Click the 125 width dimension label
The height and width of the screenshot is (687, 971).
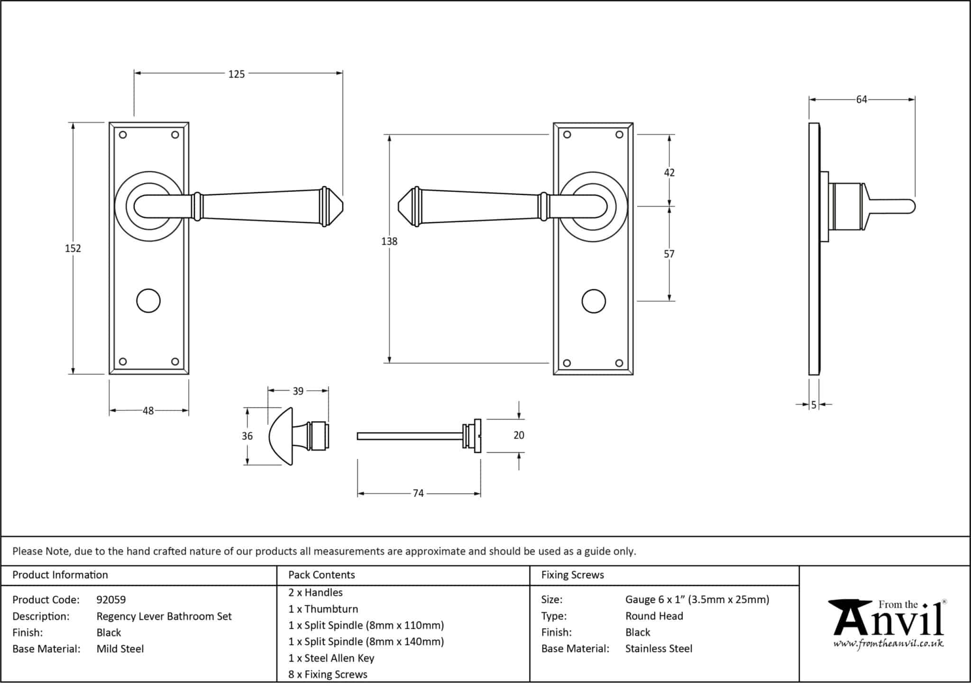tap(236, 74)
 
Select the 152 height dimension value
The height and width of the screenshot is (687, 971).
tap(73, 248)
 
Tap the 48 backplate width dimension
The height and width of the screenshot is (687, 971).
tap(148, 411)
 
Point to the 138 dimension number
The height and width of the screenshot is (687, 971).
tap(389, 241)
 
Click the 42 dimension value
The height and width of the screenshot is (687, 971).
tap(669, 173)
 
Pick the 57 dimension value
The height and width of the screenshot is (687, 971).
tap(669, 254)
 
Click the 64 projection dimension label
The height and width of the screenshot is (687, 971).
tap(861, 100)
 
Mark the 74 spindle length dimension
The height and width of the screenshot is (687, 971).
tap(418, 494)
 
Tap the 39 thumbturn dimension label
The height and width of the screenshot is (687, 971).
tap(298, 391)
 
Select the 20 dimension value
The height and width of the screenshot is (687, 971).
tap(519, 435)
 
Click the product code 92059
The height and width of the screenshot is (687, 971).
tap(111, 600)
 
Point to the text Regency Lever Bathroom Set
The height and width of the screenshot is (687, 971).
tap(164, 616)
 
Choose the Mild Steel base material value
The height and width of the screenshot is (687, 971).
tap(120, 649)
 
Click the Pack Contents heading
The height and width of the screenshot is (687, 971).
tap(321, 575)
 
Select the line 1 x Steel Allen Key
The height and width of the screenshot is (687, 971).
tap(331, 658)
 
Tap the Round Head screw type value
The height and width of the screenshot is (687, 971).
tap(654, 616)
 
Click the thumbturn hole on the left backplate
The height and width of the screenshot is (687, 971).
tap(148, 301)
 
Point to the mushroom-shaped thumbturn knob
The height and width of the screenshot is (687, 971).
tap(281, 436)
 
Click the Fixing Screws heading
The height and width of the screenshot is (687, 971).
tap(572, 575)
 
